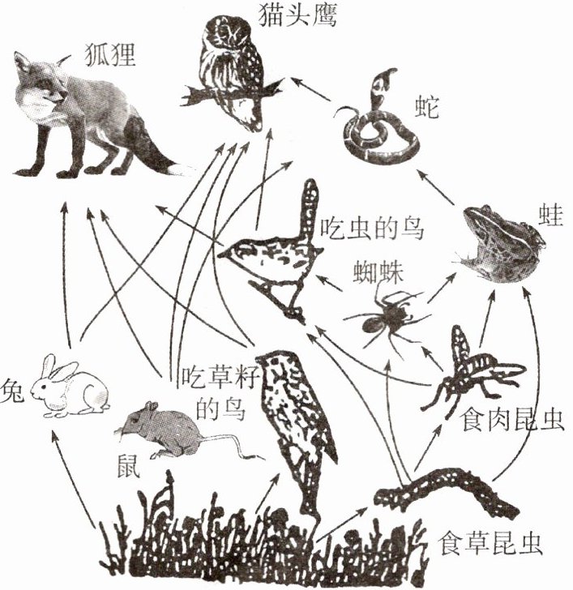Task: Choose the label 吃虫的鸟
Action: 370,227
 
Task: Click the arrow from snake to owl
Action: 312,88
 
